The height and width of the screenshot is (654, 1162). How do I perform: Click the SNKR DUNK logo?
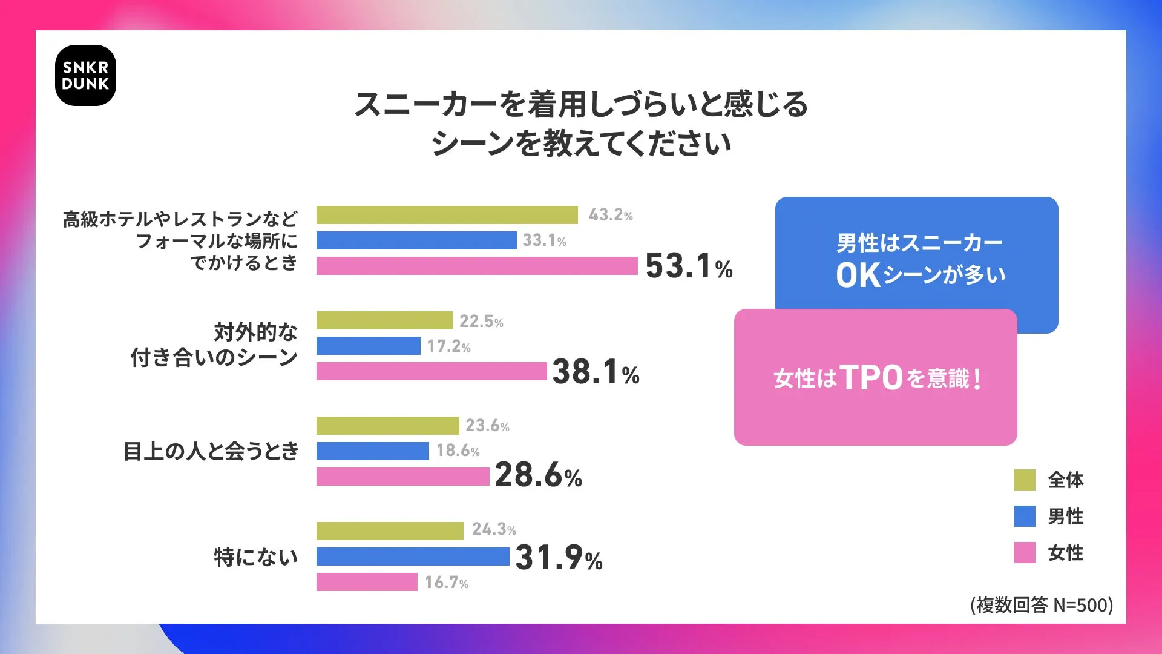pos(85,76)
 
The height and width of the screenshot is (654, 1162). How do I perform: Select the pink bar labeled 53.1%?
pos(477,266)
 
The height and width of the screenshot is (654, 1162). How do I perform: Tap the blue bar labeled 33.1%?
pos(416,240)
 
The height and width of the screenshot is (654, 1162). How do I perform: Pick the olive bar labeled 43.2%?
pos(447,215)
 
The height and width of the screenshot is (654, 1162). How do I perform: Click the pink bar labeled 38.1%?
pos(432,371)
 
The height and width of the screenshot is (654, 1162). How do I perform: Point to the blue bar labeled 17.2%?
pos(368,346)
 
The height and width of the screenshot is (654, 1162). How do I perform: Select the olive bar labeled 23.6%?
pos(387,426)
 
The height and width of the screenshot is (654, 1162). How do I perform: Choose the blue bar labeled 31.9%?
pos(413,557)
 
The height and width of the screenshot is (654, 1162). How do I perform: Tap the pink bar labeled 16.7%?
pos(367,582)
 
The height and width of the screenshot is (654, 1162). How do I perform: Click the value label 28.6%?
pos(538,475)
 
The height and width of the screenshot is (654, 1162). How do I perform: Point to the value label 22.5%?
pos(481,321)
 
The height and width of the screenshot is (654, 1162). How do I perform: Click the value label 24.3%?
pos(494,529)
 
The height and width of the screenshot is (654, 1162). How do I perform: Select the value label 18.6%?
pos(458,451)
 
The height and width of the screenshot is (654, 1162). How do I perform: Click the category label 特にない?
pos(256,557)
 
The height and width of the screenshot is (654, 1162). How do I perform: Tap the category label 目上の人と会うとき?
pos(211,451)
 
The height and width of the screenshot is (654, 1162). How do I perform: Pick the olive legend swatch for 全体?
pos(1025,480)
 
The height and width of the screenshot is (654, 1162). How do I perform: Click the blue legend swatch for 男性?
pos(1025,517)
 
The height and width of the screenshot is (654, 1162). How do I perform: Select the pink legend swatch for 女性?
pos(1025,552)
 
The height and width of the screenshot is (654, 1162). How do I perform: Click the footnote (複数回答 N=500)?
pos(1042,605)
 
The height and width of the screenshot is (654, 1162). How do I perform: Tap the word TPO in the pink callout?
pos(871,378)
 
